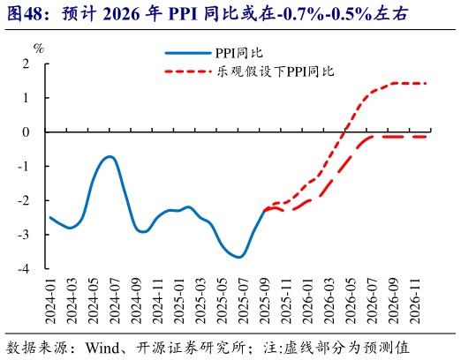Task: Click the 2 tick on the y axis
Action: [26, 64]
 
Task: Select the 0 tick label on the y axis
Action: [26, 132]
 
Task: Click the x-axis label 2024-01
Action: [50, 301]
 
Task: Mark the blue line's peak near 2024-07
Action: [110, 157]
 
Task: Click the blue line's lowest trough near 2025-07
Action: [238, 257]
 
